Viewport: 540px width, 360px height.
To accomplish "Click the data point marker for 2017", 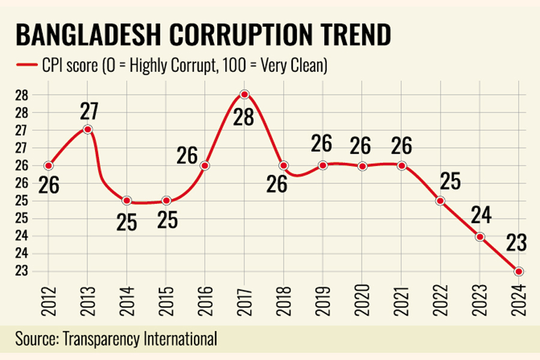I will pos(244,94).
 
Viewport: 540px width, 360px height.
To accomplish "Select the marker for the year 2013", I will pos(88,129).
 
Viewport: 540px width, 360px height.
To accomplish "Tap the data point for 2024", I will pos(518,271).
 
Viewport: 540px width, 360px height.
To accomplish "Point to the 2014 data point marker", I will pos(127,200).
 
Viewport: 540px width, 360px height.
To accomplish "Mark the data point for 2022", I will pos(440,200).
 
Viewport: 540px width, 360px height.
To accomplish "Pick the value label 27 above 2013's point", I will pos(88,111).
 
